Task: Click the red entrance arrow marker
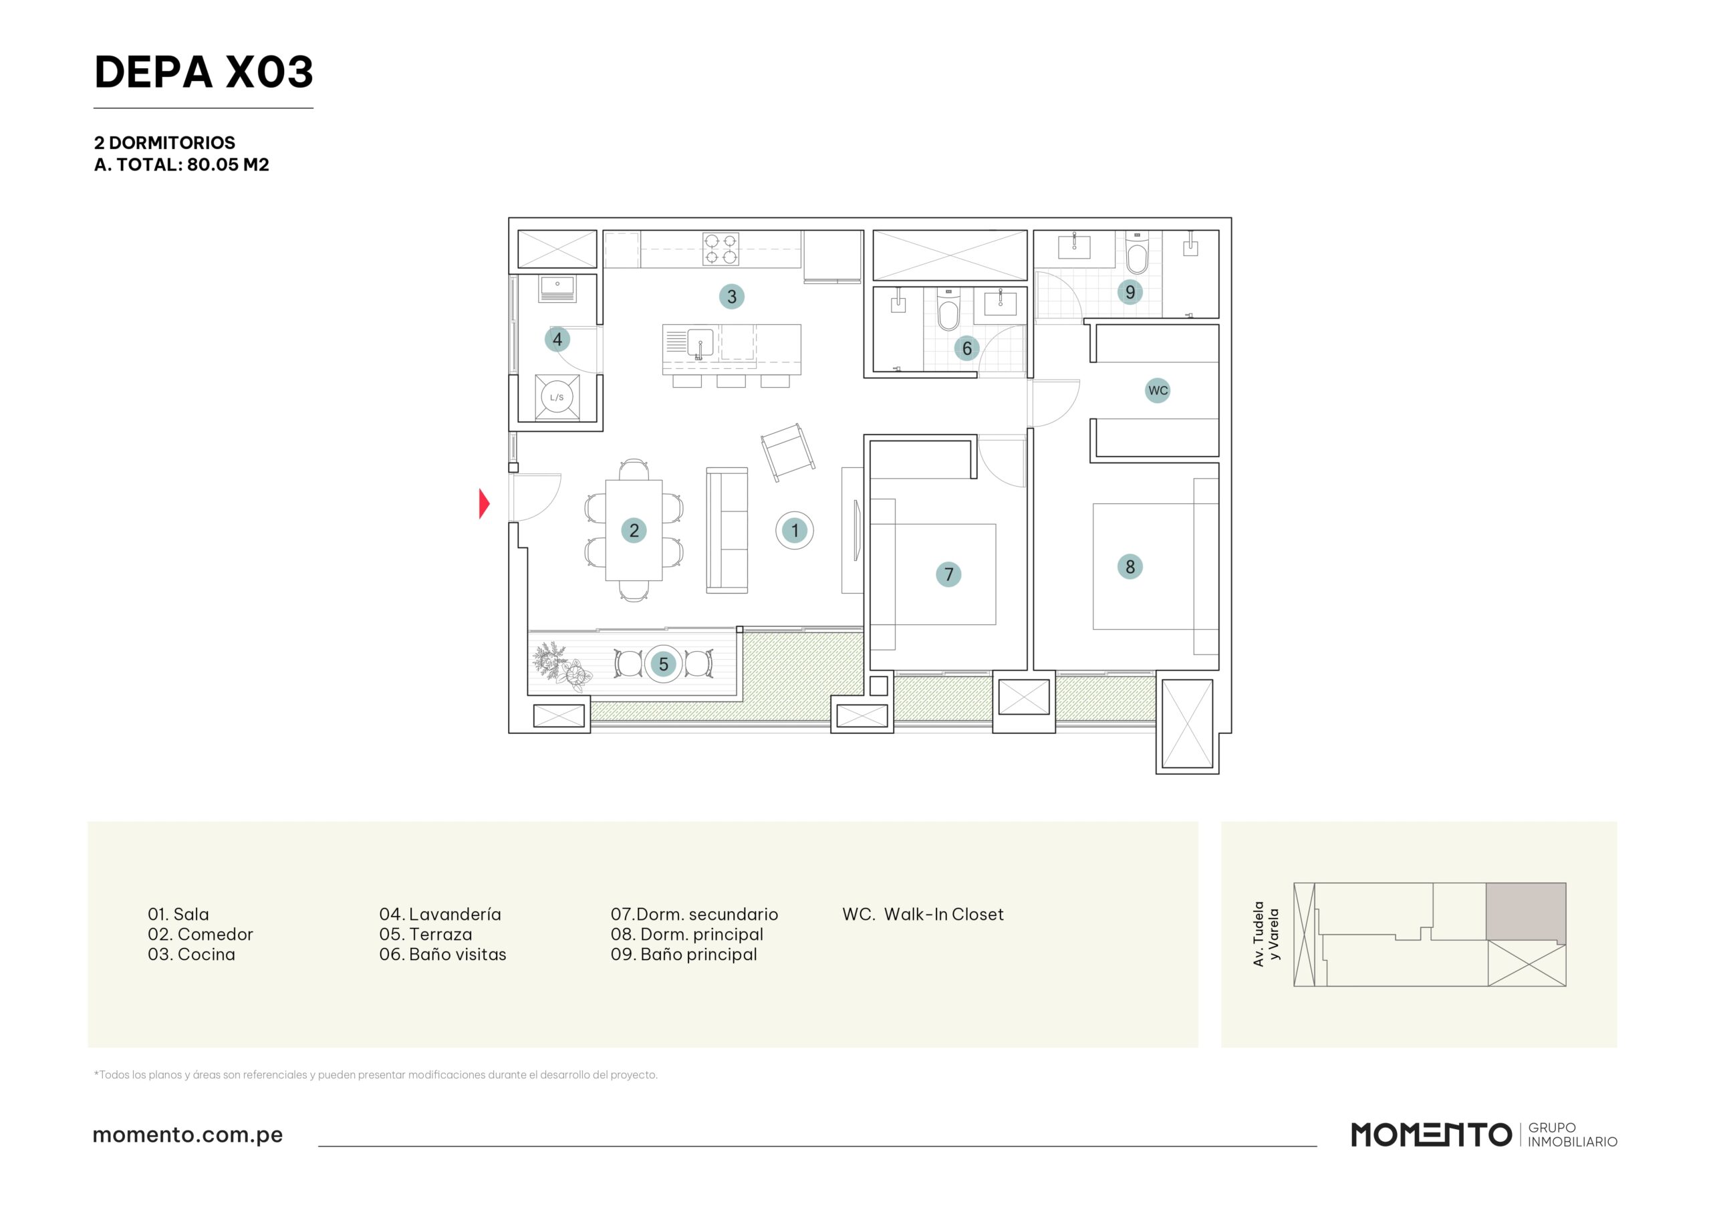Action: point(484,503)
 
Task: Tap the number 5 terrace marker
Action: point(663,664)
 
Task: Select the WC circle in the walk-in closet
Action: point(1158,390)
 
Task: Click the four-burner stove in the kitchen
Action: point(720,249)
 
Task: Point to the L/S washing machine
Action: point(557,397)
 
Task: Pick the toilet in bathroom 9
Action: point(1136,253)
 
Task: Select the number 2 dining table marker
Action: point(634,530)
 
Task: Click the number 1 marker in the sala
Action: point(795,530)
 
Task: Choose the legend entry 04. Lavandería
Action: point(440,914)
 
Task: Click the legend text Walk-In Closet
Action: point(944,914)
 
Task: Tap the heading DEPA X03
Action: point(203,72)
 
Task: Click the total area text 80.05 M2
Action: point(228,164)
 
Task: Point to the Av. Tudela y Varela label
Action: point(1265,933)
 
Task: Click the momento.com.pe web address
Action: point(188,1134)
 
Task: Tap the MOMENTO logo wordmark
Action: point(1431,1134)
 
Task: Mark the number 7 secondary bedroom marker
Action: point(948,574)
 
